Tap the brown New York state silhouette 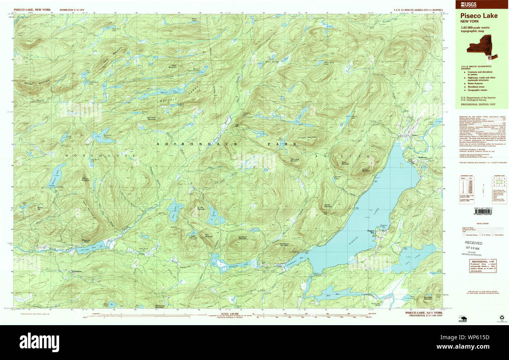[x=483, y=46]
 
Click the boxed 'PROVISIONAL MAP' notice [x=483, y=266]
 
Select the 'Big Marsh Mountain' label [x=243, y=238]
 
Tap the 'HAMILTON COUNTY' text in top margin [x=72, y=9]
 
